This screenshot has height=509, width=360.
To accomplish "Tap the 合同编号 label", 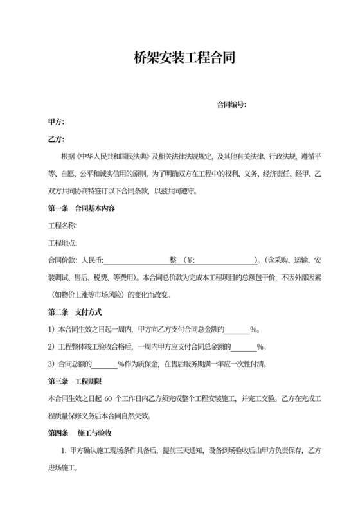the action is click(232, 104).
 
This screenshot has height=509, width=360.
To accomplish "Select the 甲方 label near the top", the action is click(56, 121).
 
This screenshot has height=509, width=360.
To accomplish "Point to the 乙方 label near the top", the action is click(56, 139).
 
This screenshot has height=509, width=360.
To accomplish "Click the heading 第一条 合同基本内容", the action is click(82, 209).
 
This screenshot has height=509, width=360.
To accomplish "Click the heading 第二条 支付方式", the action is click(75, 312).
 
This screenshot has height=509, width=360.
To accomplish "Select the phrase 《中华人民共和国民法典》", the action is click(113, 157).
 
